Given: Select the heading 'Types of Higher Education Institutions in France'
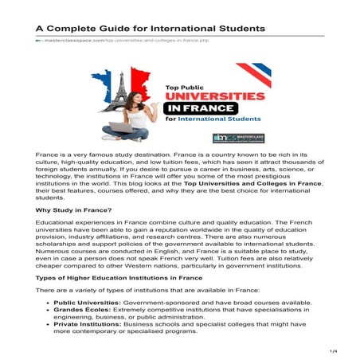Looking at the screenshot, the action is pos(119,277).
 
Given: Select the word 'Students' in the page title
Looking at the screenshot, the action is pos(237,28).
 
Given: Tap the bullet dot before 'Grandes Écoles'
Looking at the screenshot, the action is pos(52,312).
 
